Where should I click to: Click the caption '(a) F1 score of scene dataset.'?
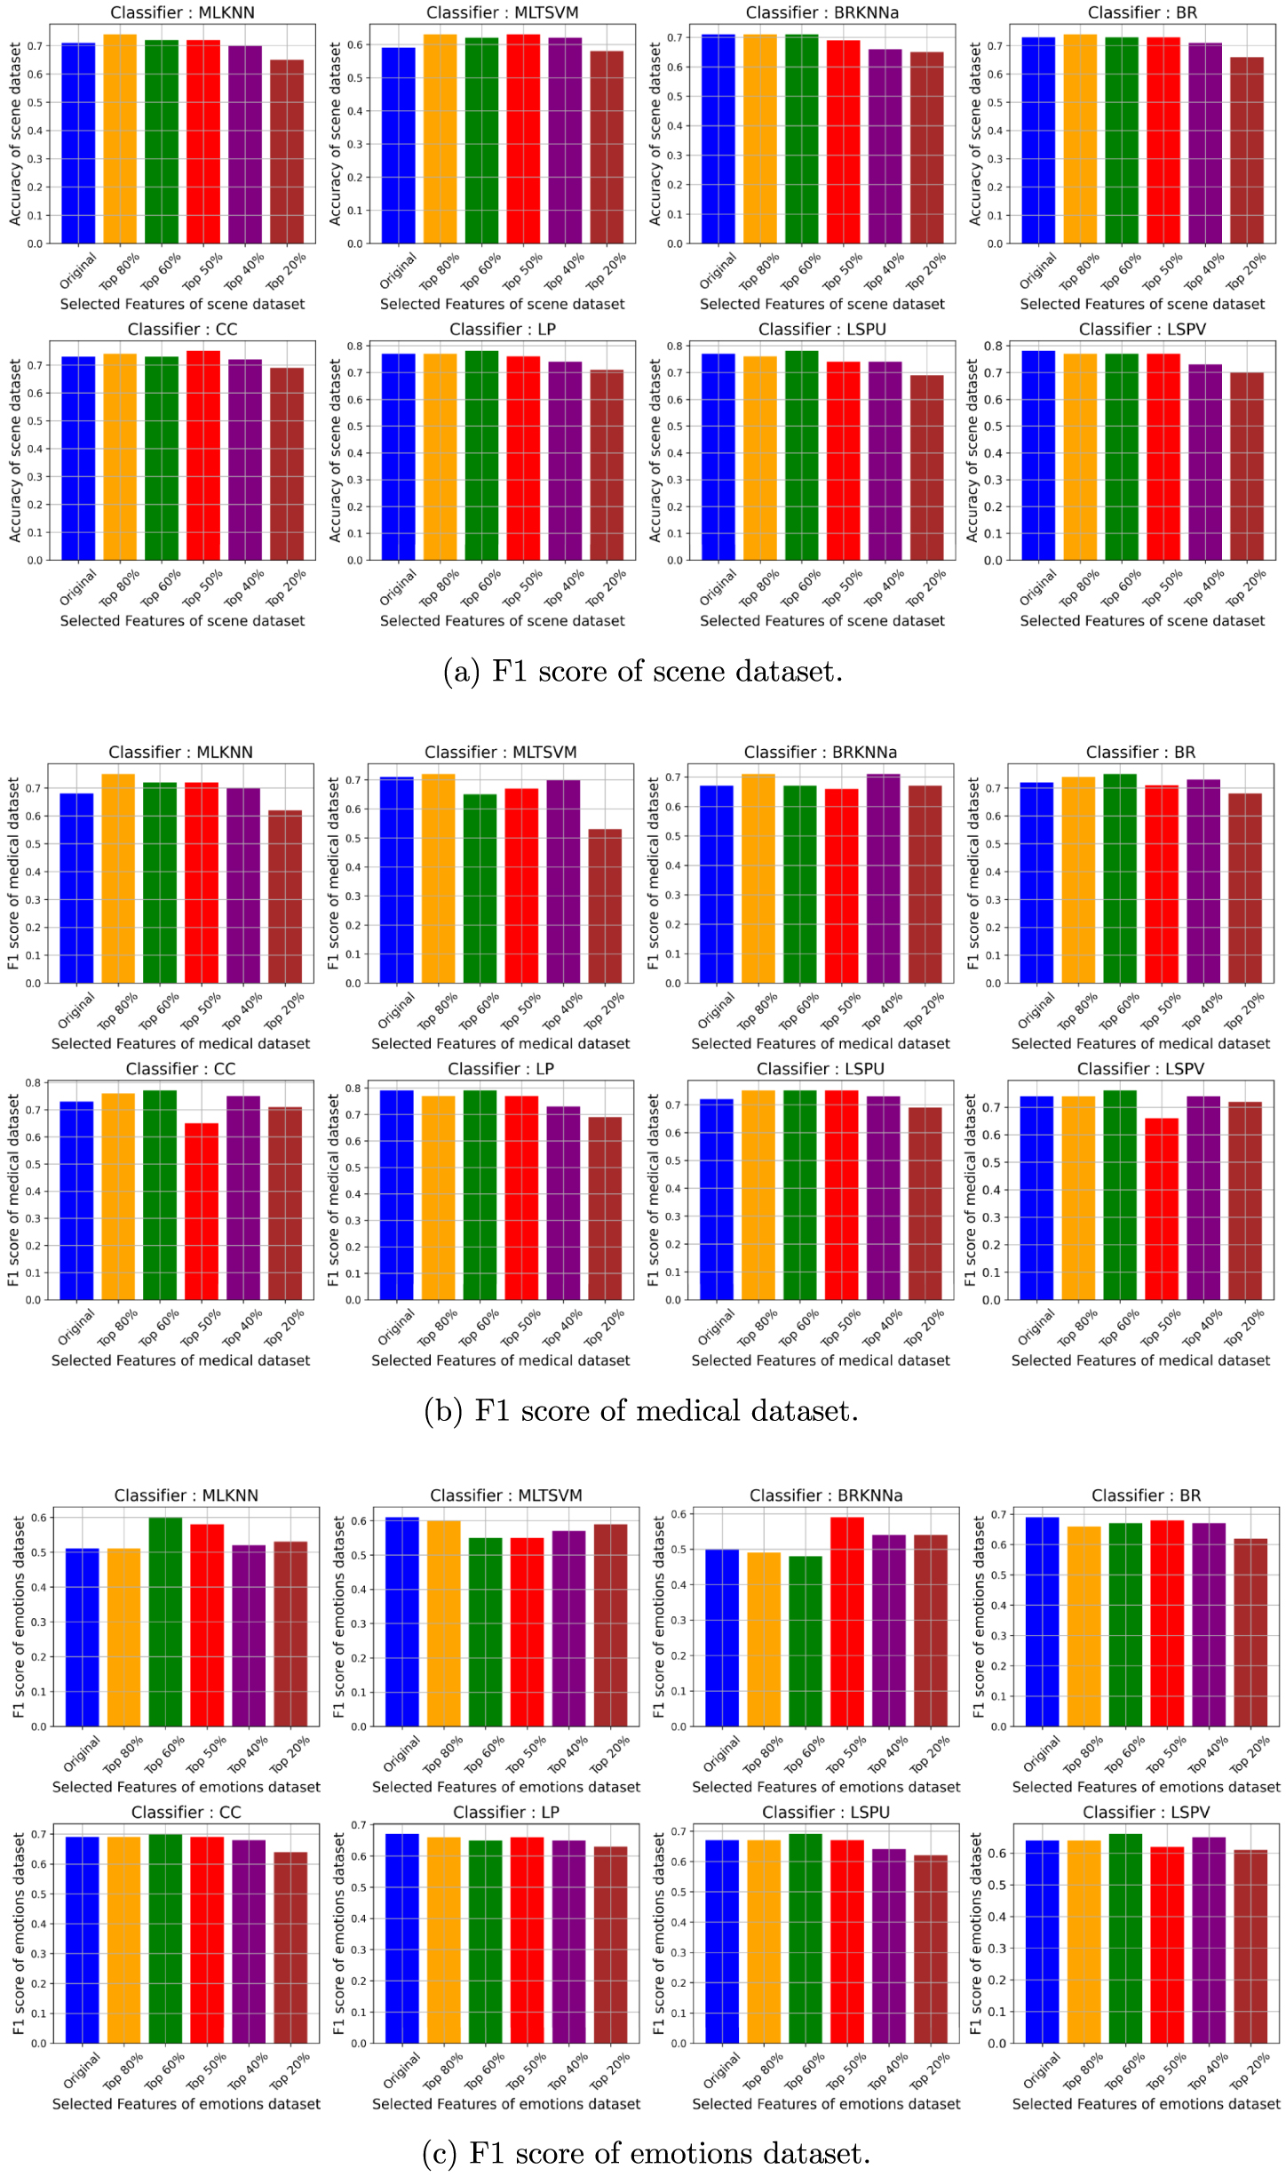[642, 672]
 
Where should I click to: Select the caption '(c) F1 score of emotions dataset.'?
[646, 2154]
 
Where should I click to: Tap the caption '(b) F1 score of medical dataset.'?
[641, 1411]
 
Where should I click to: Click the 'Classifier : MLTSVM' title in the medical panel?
[500, 753]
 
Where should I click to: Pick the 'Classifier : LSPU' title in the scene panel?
[822, 330]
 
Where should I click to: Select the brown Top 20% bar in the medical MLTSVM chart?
[605, 906]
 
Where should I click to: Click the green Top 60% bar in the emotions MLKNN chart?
[165, 1622]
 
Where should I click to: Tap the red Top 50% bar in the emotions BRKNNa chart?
[846, 1622]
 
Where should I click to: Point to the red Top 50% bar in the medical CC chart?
[202, 1211]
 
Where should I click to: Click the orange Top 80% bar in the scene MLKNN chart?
[120, 139]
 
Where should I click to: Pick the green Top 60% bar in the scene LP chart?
[481, 455]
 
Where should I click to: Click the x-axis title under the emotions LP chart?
[505, 2104]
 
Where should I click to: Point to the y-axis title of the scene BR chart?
[974, 133]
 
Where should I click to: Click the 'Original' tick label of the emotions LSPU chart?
[721, 2069]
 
